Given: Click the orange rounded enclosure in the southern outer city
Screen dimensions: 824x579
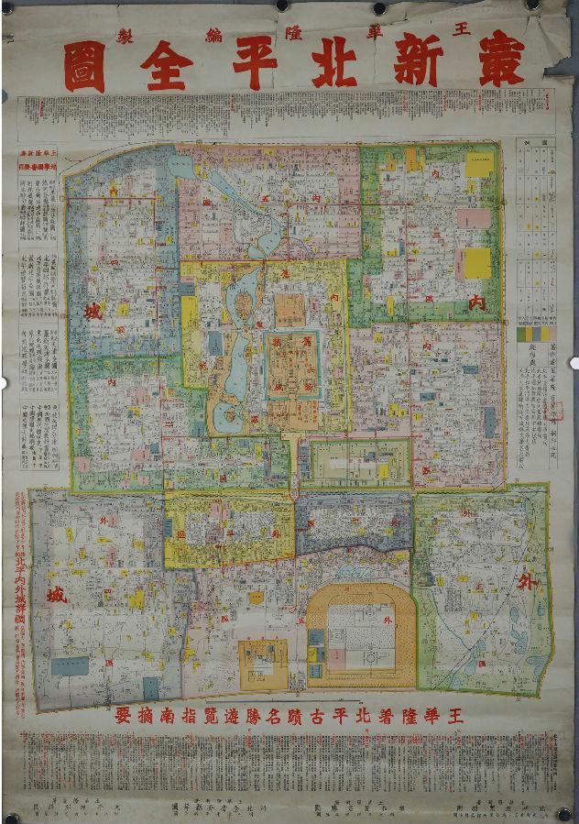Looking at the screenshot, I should pos(360,633).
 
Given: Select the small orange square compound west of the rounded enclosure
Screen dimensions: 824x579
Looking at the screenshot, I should pos(262,661).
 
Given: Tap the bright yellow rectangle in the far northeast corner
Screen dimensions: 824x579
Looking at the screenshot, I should pos(478,164).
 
